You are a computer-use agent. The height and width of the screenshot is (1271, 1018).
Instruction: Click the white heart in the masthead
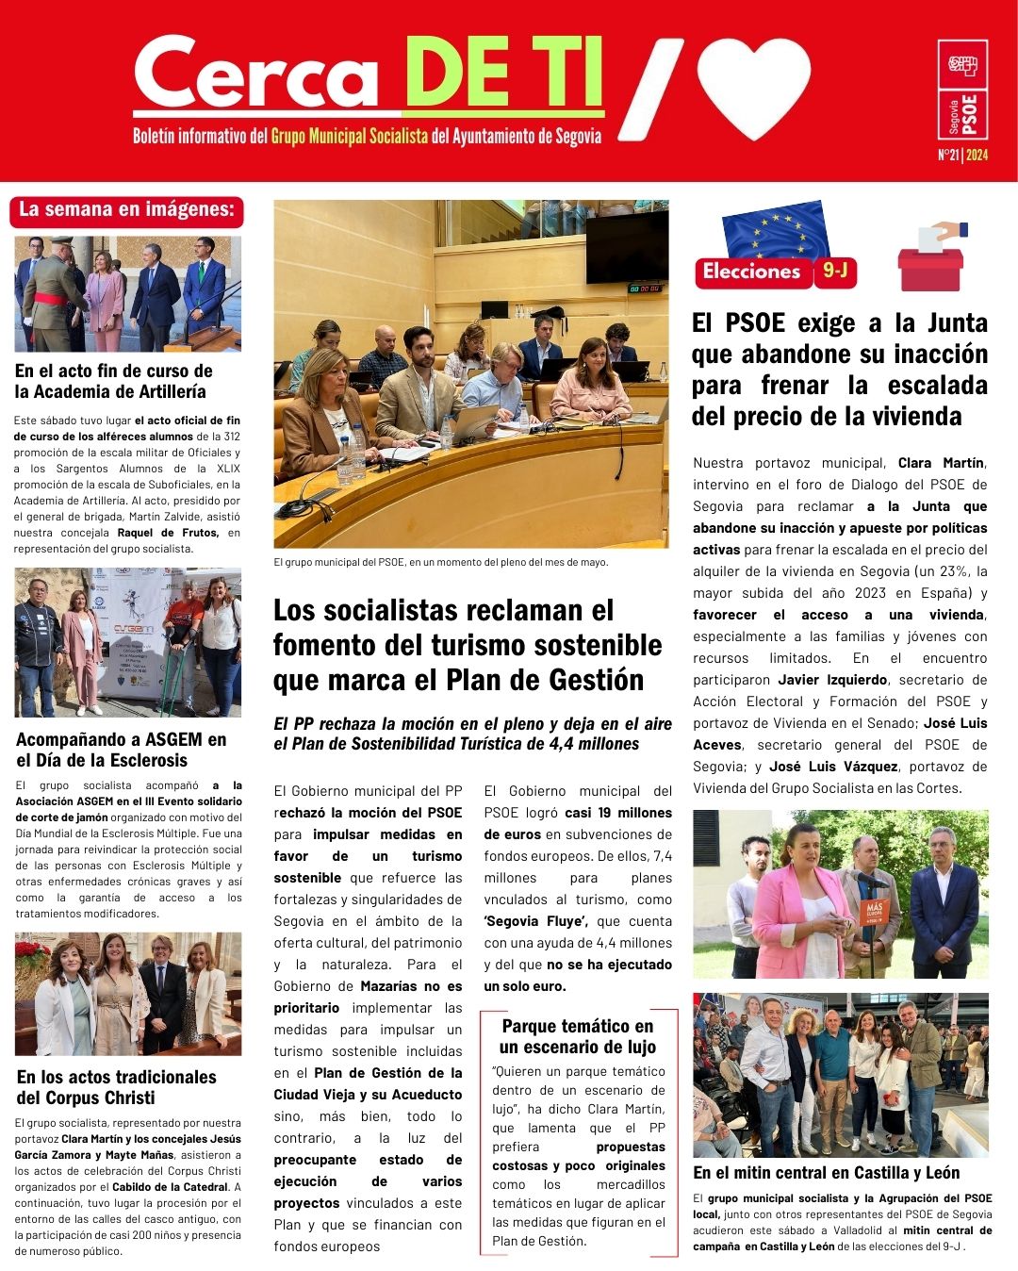coord(754,85)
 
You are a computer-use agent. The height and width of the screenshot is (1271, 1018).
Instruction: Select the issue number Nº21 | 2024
coord(962,156)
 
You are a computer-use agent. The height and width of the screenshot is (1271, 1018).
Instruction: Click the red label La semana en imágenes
coord(126,210)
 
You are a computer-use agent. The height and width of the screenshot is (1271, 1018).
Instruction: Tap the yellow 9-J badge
coord(835,272)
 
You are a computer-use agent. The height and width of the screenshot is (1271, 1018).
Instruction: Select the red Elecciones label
coord(751,272)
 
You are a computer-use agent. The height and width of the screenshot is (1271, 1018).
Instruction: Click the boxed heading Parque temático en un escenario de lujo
coord(577,1036)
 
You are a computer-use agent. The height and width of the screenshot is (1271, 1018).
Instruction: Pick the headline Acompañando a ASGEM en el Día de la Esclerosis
coord(121,750)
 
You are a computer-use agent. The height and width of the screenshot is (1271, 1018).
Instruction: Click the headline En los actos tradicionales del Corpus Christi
coord(116,1087)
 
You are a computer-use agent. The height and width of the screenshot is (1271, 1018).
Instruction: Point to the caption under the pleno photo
coord(440,562)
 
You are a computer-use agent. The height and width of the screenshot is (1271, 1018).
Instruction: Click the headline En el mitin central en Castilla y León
coord(826,1173)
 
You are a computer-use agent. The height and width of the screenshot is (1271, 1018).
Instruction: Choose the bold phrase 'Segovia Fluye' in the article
coord(535,921)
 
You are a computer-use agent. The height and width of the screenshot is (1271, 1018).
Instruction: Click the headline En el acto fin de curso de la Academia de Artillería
coord(113,381)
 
